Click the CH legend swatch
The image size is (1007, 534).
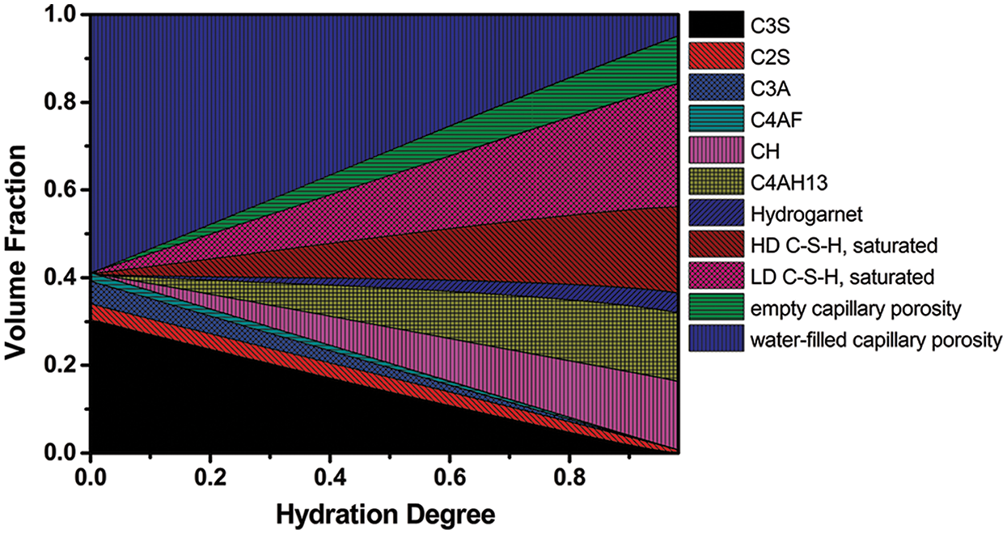coord(716,151)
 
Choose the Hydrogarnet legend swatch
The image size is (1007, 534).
coord(716,214)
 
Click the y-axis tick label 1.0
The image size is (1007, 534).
coord(62,15)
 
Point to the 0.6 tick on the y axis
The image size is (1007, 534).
coord(62,190)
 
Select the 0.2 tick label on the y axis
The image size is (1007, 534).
coord(62,366)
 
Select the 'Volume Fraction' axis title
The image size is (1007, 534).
coord(18,235)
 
